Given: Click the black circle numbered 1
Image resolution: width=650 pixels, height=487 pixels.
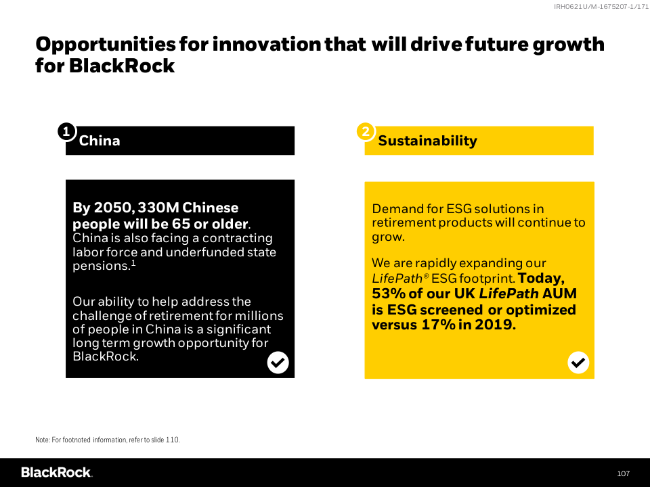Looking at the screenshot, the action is point(66,132).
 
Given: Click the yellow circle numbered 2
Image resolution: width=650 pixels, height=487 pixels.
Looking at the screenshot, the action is point(366,132).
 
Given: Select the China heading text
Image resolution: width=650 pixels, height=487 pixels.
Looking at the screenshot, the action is point(100,141).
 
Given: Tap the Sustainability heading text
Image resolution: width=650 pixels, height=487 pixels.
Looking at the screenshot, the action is point(427,141).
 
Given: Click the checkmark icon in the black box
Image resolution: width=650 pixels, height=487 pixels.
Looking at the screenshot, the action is point(278,363).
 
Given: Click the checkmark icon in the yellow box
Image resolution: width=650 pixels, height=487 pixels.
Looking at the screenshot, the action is point(578,363).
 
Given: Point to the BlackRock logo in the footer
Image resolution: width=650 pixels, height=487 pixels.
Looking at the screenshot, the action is point(57,473).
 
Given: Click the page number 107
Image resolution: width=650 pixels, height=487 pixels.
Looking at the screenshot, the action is point(623,473).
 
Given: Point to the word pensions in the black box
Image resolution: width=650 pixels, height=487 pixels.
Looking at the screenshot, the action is point(102,266).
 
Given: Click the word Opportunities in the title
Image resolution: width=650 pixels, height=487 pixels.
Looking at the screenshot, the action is point(106,45).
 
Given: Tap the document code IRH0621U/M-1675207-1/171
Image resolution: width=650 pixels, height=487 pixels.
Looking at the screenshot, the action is point(601,7).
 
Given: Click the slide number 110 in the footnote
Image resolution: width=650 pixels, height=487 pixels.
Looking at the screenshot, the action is point(172,440).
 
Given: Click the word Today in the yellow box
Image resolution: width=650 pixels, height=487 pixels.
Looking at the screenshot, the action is point(540,278).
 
